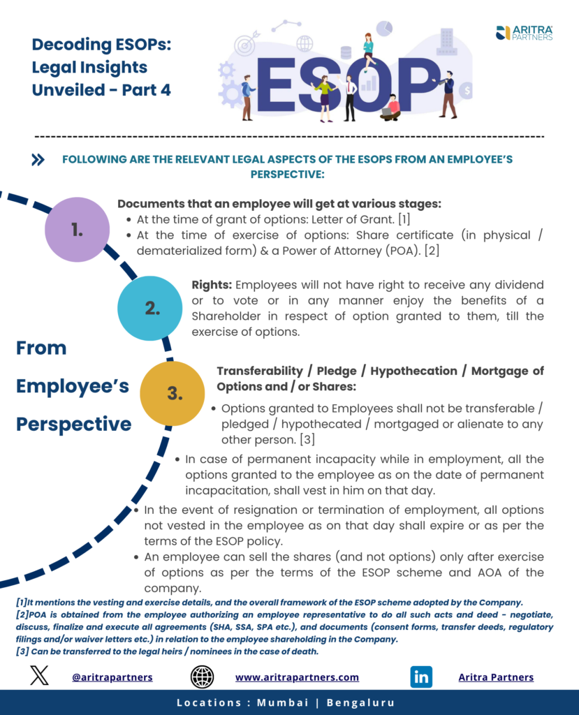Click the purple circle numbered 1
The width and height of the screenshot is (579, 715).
(x=77, y=230)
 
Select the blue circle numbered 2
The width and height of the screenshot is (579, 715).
(x=152, y=308)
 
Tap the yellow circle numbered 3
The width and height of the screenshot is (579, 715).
(x=174, y=393)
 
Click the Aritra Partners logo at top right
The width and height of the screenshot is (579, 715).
(x=524, y=33)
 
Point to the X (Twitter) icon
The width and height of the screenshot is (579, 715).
(x=39, y=676)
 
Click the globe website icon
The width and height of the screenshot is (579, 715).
(x=202, y=677)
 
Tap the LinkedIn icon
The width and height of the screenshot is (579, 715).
(x=421, y=677)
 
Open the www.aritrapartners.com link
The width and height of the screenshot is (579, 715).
(x=297, y=677)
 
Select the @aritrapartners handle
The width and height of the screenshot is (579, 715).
(x=112, y=677)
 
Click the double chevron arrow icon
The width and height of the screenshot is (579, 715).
(x=38, y=160)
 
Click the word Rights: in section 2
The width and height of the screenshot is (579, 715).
(x=212, y=285)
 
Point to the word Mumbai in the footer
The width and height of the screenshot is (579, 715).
(x=282, y=702)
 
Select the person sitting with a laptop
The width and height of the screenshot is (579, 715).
(x=390, y=107)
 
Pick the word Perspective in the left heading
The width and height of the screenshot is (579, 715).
(x=73, y=424)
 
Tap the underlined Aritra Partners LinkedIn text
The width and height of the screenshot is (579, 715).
(x=496, y=677)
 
